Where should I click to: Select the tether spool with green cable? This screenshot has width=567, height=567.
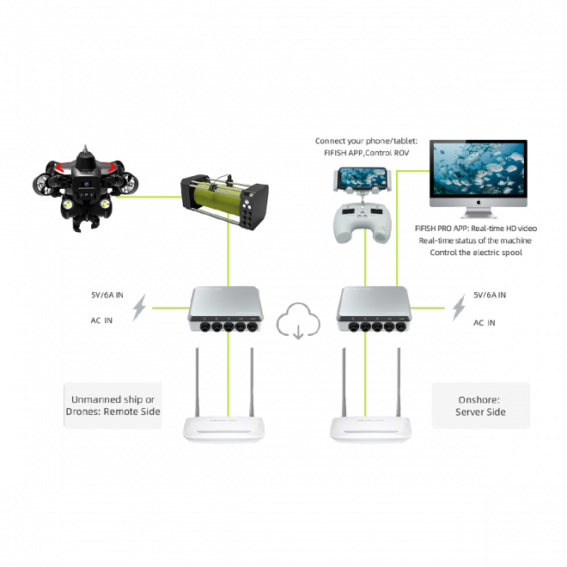point(224,202)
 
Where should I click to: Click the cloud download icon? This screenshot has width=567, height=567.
point(298,321)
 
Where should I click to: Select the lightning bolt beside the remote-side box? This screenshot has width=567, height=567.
point(139,308)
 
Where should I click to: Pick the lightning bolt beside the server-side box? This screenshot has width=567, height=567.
point(459,308)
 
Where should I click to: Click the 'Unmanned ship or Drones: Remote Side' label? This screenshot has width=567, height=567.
point(113,405)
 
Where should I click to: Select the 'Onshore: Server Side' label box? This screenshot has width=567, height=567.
point(481,405)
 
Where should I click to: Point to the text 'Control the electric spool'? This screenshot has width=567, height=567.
point(476,253)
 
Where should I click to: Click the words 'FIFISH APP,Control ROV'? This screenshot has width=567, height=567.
point(366,153)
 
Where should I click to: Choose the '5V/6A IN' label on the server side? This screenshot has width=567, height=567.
point(490,295)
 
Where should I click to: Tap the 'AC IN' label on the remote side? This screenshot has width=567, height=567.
point(101,320)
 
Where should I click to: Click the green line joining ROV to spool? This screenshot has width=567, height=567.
point(149,197)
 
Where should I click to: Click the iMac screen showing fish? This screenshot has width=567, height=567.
point(479,168)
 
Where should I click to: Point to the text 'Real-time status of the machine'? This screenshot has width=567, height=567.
point(475,241)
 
